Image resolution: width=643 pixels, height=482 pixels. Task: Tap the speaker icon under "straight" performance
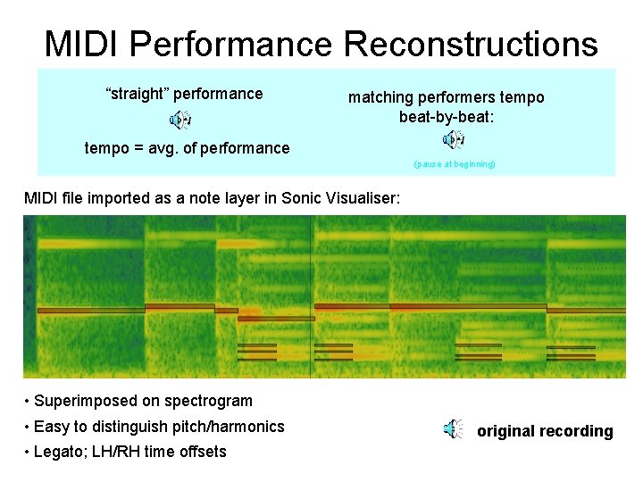click(x=181, y=120)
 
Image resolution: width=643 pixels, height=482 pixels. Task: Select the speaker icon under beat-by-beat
click(x=454, y=139)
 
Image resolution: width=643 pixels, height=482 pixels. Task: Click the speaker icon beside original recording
click(x=454, y=430)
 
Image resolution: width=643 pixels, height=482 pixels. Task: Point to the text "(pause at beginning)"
click(x=455, y=164)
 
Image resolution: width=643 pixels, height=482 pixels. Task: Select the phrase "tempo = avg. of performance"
click(x=187, y=148)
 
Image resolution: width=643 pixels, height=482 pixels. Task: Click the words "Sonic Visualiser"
click(x=338, y=197)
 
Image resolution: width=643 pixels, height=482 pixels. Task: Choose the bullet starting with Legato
click(x=129, y=452)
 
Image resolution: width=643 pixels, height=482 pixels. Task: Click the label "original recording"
click(x=545, y=431)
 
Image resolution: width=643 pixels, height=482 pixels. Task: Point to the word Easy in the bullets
click(x=50, y=427)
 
